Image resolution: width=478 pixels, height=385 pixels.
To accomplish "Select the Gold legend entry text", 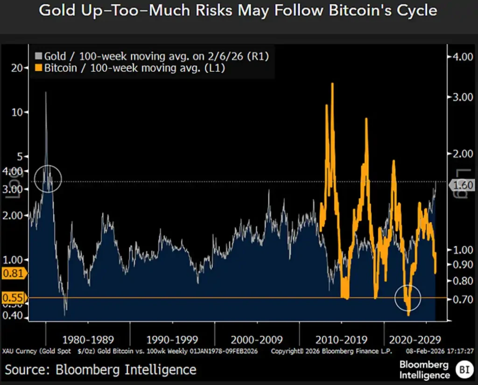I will point(156,56).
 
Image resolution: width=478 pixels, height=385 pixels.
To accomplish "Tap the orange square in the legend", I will point(39,68).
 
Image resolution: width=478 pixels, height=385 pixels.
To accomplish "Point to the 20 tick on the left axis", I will point(17,68).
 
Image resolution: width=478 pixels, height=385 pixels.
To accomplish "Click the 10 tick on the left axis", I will point(17,112).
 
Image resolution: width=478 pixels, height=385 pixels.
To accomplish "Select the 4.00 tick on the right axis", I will point(464,56).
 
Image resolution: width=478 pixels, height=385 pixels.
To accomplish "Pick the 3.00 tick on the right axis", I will point(464,97).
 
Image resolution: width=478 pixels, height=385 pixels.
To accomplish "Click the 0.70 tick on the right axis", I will point(464,299).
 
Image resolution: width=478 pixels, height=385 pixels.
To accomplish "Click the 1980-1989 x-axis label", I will point(88,339).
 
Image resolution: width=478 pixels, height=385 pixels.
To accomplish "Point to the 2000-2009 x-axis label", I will point(256,339).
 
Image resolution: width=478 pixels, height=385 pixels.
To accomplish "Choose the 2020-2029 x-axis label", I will point(415,339).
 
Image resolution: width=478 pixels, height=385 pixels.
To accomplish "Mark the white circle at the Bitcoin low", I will point(408,297).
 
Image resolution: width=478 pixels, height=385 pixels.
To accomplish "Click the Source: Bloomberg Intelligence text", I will point(101,370).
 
